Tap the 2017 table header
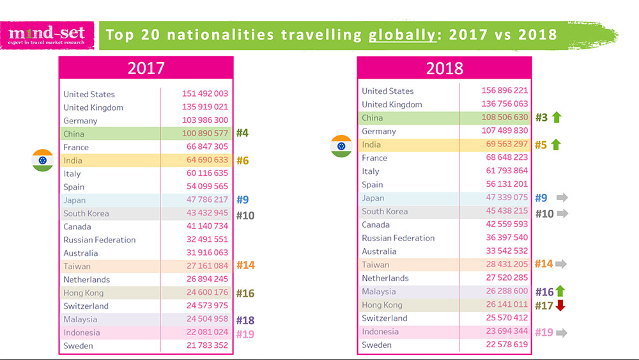146,68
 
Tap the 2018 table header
444,68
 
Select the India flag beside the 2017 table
43,160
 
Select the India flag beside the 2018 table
341,146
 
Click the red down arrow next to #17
560,305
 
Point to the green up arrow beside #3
556,118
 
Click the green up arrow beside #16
560,292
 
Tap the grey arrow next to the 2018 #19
562,333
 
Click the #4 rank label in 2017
242,134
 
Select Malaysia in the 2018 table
378,292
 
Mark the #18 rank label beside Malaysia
245,320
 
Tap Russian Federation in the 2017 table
99,240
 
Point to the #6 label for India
242,160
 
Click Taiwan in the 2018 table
375,265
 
